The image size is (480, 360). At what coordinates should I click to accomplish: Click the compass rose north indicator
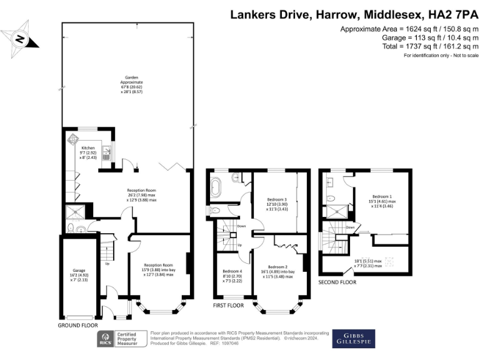point(19,38)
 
